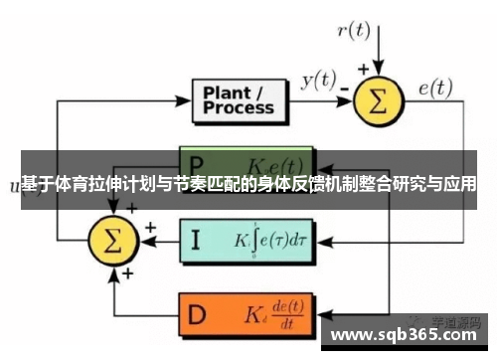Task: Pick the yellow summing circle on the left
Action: (113, 240)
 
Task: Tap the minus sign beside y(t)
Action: (343, 89)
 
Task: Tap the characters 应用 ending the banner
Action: (458, 185)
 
